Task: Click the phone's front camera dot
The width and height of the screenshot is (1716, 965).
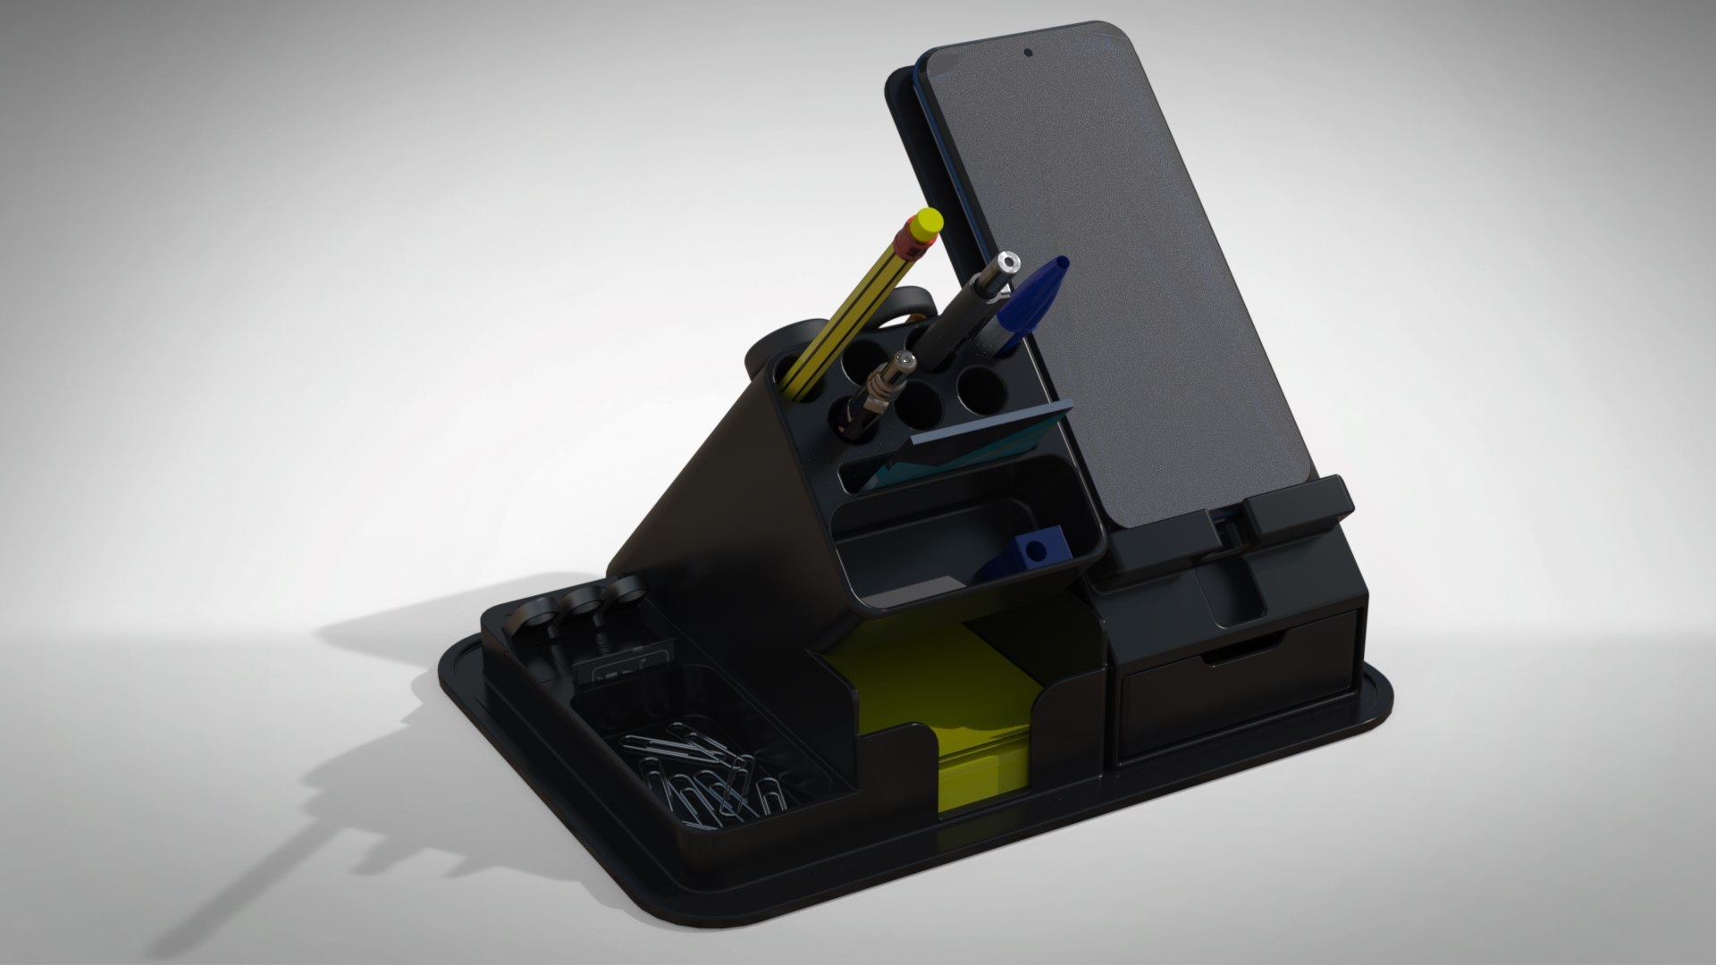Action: (1029, 53)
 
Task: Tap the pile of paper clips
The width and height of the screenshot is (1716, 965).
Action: (702, 774)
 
